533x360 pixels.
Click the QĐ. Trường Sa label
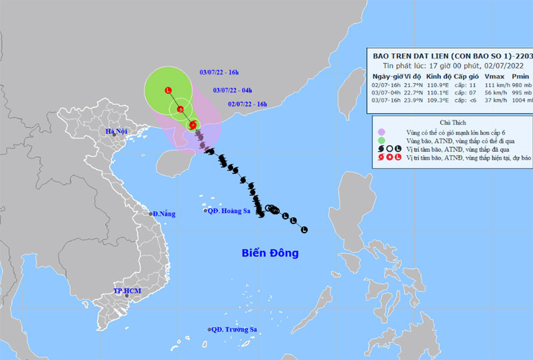pyautogui.click(x=233, y=329)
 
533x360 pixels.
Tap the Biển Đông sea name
pyautogui.click(x=269, y=253)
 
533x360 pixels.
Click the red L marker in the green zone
pyautogui.click(x=168, y=91)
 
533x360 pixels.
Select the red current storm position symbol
pyautogui.click(x=193, y=125)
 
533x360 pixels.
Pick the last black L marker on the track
pyautogui.click(x=304, y=230)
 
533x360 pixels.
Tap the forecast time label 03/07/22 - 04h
pyautogui.click(x=233, y=90)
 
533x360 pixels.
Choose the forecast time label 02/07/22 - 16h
pyautogui.click(x=247, y=104)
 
